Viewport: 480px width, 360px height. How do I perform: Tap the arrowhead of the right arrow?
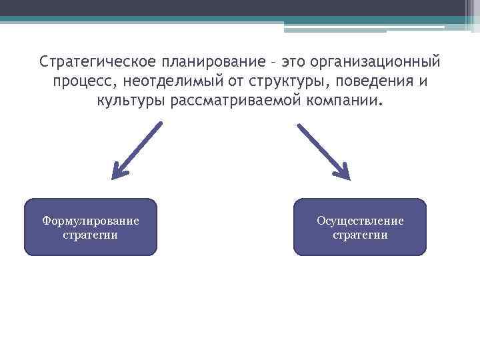coord(342,173)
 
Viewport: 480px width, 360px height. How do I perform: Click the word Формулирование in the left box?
coord(91,221)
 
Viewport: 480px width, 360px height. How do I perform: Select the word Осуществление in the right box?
coord(360,221)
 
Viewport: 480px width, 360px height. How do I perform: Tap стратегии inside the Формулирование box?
coord(91,235)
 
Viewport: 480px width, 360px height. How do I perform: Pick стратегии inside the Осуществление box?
coord(360,235)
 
